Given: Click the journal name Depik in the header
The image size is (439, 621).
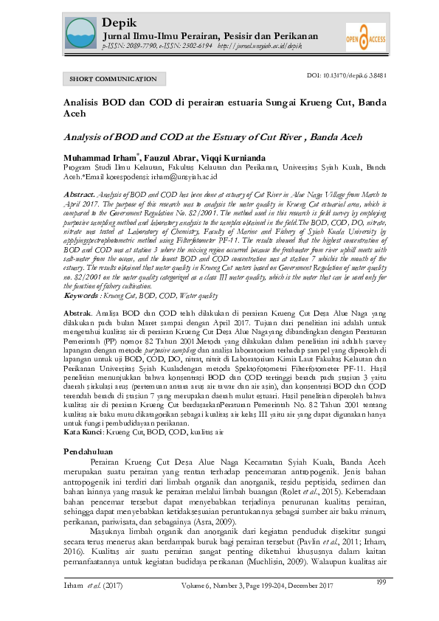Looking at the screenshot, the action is (x=116, y=22).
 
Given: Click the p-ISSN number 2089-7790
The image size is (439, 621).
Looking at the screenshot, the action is (x=151, y=46).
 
